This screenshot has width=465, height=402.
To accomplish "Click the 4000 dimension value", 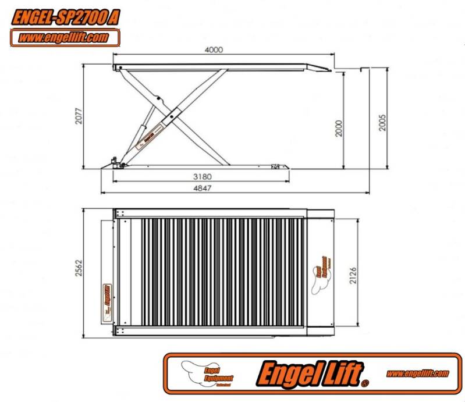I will (x=214, y=50).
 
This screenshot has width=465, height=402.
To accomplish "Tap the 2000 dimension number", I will (x=339, y=127).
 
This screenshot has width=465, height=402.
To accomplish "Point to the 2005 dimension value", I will (x=382, y=119).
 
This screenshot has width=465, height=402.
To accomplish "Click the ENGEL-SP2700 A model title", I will (x=66, y=18).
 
